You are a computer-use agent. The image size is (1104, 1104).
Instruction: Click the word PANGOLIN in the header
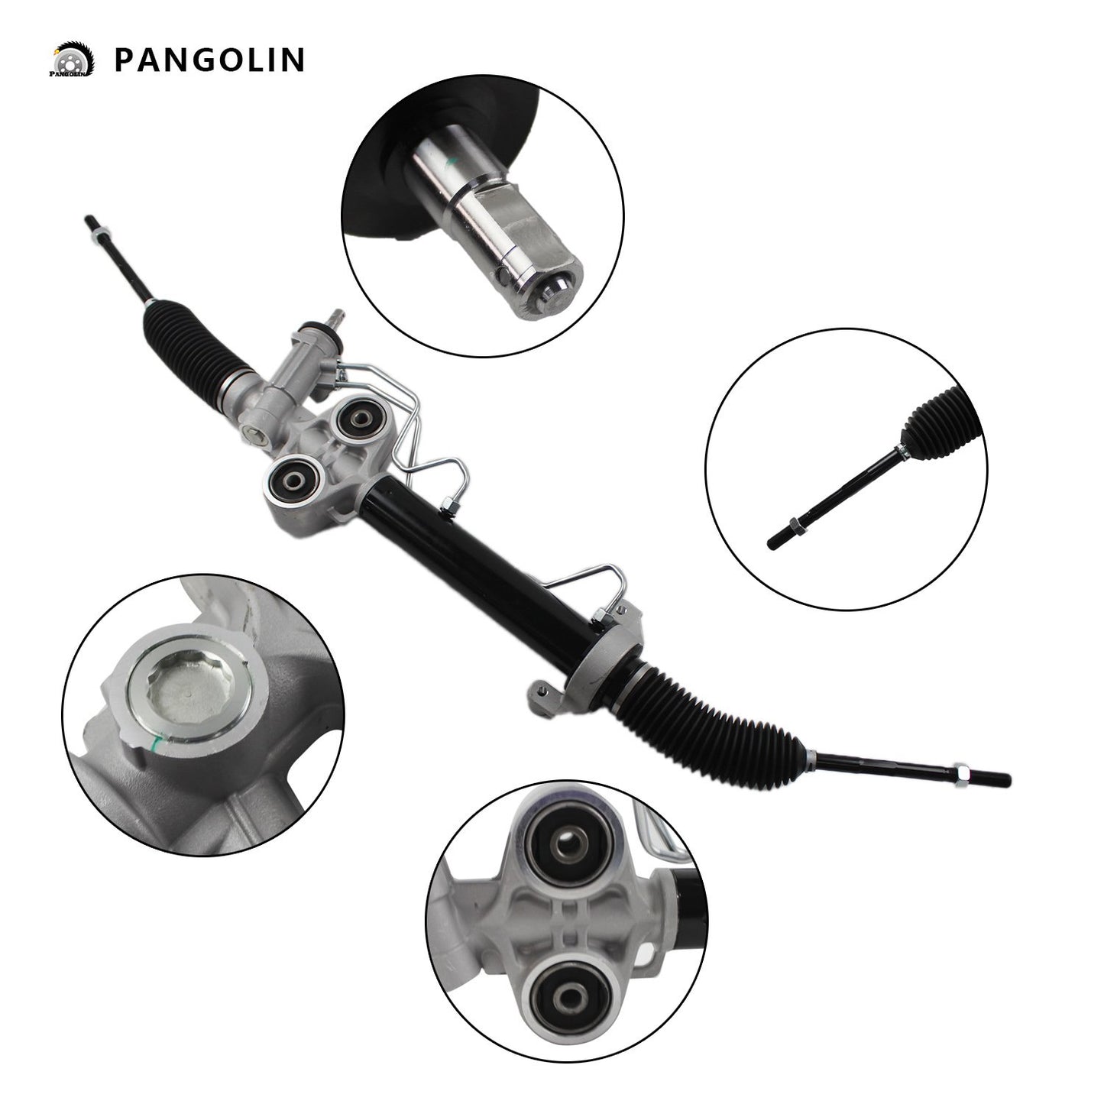pyautogui.click(x=209, y=60)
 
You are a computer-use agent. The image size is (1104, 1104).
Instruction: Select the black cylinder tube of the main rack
pyautogui.click(x=489, y=565)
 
